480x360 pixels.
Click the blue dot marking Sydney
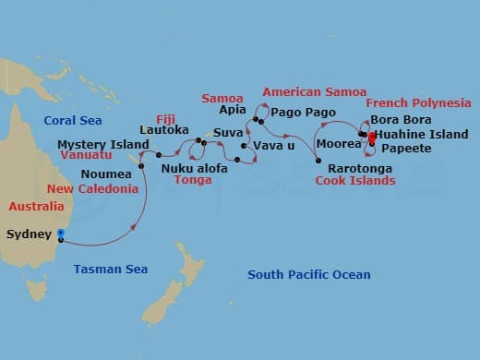click(x=61, y=234)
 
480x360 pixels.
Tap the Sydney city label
click(x=30, y=234)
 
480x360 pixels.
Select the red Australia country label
click(x=35, y=206)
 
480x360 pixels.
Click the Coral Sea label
click(x=73, y=121)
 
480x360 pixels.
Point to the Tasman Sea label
click(x=110, y=269)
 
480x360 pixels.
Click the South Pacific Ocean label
click(x=308, y=274)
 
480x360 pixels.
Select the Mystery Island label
click(x=102, y=145)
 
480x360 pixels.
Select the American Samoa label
click(x=314, y=91)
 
